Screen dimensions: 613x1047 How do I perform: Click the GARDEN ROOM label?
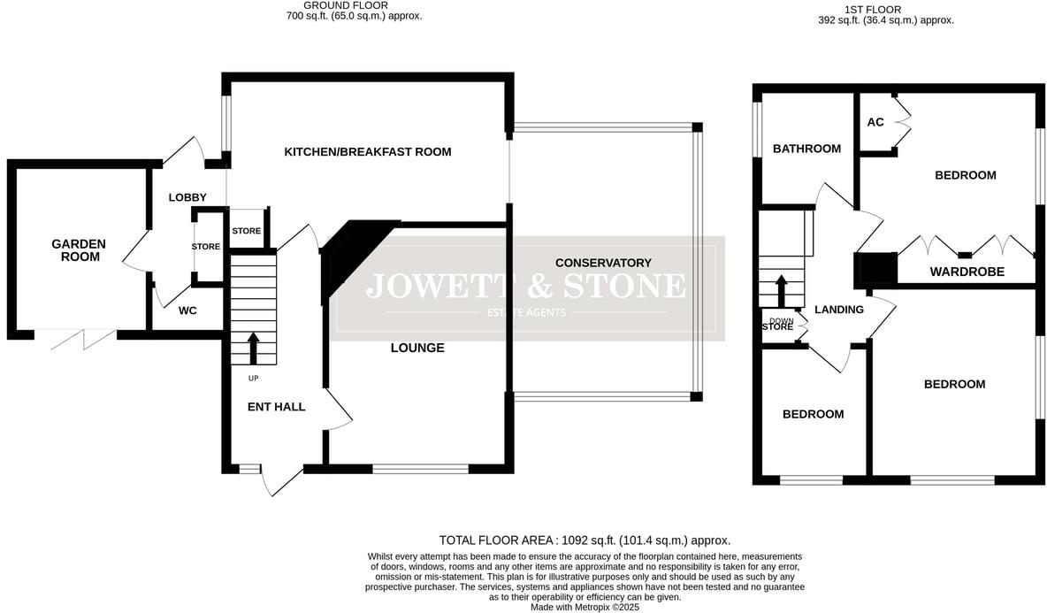(78, 250)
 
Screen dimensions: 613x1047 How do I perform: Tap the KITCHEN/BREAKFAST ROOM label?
(367, 152)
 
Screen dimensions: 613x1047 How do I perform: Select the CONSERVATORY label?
(603, 263)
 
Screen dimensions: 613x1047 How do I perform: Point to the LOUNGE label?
(417, 348)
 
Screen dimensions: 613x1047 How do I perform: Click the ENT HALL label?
(277, 407)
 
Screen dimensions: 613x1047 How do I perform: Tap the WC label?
(187, 310)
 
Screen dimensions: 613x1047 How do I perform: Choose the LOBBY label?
(187, 197)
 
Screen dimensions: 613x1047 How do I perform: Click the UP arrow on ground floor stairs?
(253, 349)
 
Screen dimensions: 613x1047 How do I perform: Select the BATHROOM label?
(806, 149)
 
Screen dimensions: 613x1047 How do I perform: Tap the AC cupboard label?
(875, 122)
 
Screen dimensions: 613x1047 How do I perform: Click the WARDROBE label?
(967, 272)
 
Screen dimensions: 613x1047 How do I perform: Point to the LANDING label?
(838, 310)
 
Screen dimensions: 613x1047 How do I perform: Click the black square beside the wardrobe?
(878, 268)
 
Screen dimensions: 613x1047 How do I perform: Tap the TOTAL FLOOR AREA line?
(585, 540)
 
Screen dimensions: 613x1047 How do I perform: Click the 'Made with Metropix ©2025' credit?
(585, 607)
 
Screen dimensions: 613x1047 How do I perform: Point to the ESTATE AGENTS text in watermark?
(526, 312)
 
